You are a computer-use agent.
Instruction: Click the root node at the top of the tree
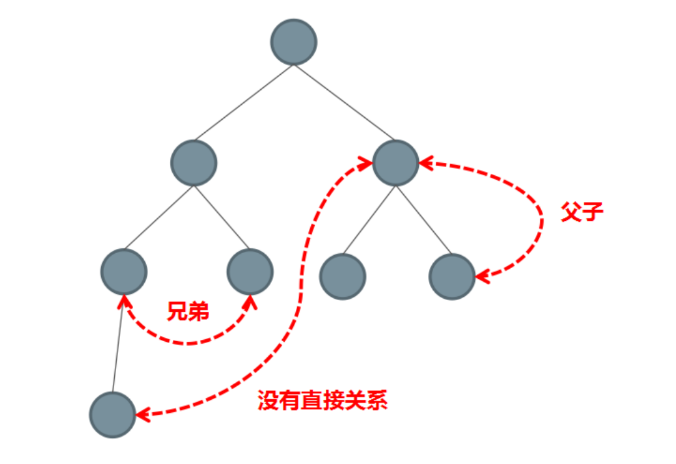[293, 42]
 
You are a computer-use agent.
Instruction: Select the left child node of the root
[193, 163]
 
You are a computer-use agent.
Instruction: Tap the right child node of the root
[395, 163]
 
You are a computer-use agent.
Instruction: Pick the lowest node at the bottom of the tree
[112, 414]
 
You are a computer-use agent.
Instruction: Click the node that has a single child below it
[124, 272]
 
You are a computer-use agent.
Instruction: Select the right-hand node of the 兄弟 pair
[250, 272]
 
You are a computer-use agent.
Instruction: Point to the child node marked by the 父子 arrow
[452, 276]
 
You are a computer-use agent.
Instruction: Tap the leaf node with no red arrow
[342, 276]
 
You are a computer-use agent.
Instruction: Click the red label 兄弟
[188, 311]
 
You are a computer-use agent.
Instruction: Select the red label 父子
[582, 213]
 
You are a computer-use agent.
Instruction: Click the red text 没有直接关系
[323, 400]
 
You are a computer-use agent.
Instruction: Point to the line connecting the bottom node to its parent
[118, 344]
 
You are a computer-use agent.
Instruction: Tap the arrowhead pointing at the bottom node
[142, 413]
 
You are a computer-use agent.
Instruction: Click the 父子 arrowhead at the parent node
[424, 163]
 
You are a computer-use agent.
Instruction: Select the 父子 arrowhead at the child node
[481, 276]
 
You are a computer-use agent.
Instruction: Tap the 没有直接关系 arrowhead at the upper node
[366, 163]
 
